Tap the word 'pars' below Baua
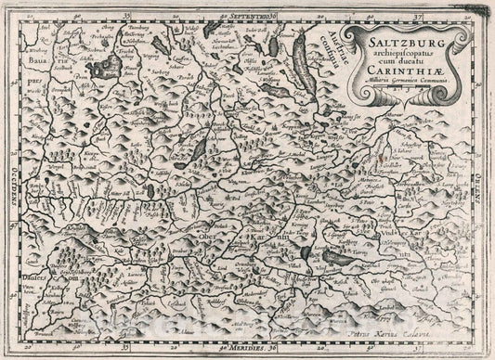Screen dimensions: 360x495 point(34,93)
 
